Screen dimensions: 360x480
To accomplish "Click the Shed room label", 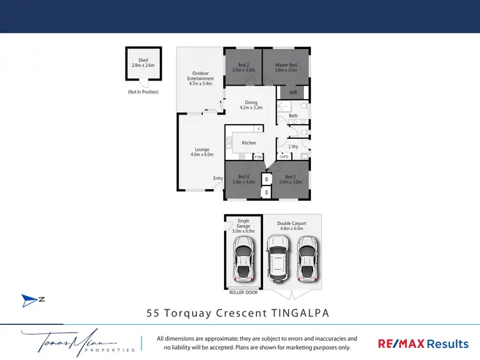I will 143,63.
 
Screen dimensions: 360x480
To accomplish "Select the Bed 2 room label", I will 243,67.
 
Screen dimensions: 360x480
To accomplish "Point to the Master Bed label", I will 286,67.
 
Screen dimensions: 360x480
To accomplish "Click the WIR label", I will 293,93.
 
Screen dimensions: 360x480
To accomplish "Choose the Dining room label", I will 250,105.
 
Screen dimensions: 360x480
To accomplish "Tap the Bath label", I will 293,116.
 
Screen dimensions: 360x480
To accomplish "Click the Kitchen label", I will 249,143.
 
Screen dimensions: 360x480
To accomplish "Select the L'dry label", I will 293,146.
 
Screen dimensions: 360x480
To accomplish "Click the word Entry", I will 218,178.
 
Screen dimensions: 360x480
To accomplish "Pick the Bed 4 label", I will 243,179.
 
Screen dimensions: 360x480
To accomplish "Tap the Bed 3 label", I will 290,179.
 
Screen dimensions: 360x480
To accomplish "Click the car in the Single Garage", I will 243,259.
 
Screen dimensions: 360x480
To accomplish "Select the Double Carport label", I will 291,225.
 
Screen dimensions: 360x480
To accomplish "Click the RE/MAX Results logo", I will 424,343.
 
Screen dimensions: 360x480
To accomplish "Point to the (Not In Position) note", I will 143,92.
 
